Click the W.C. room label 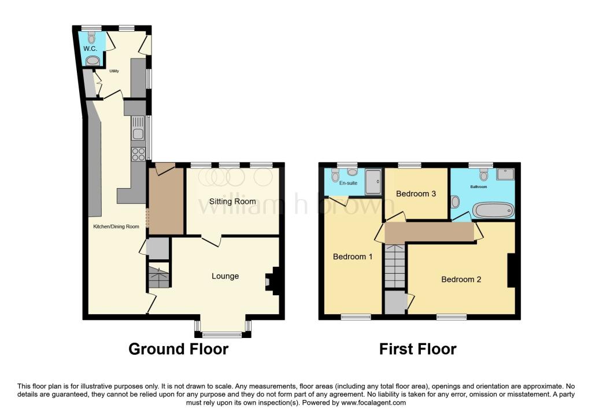90,49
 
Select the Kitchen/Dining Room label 116,226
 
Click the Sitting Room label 232,201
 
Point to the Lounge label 225,276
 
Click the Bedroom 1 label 353,256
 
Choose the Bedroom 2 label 461,279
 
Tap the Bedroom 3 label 416,194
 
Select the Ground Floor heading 178,349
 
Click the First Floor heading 417,349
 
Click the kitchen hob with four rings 138,154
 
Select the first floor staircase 395,265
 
